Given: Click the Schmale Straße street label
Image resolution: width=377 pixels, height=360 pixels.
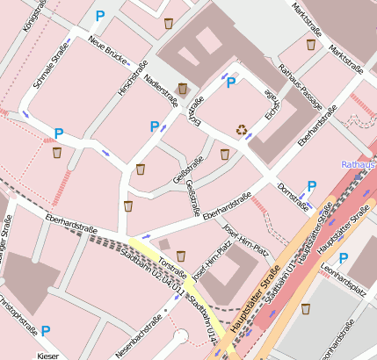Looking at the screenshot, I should pos(50,70).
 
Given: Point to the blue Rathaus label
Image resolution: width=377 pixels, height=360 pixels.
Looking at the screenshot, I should pos(359,164).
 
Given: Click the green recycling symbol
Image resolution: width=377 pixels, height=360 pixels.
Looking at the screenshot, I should pos(242,130).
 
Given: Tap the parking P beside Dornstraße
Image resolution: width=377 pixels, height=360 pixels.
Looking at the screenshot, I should pos(311,186).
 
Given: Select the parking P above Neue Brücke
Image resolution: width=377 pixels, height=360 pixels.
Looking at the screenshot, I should pos(99,16).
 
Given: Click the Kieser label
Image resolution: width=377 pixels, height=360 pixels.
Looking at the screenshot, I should pos(47,355).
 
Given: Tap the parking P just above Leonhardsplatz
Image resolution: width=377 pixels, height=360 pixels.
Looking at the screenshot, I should pos(344,258).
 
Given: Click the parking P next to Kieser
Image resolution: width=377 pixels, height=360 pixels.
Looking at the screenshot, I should pos(46,331).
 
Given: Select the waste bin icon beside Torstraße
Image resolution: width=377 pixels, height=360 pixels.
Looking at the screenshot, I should pos(181,256).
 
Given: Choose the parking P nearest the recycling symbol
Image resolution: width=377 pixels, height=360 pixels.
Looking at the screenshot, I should pos(231,83).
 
